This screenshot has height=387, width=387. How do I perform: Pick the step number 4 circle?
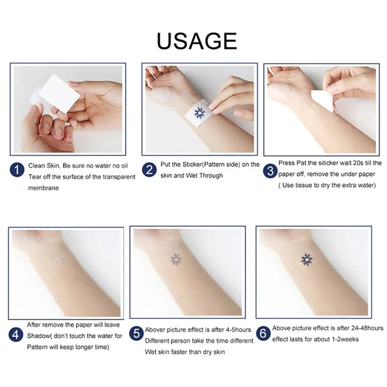point(16,334)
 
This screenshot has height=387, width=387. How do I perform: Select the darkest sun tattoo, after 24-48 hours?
point(307,260)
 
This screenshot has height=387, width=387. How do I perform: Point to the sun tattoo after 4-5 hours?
point(176,260)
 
